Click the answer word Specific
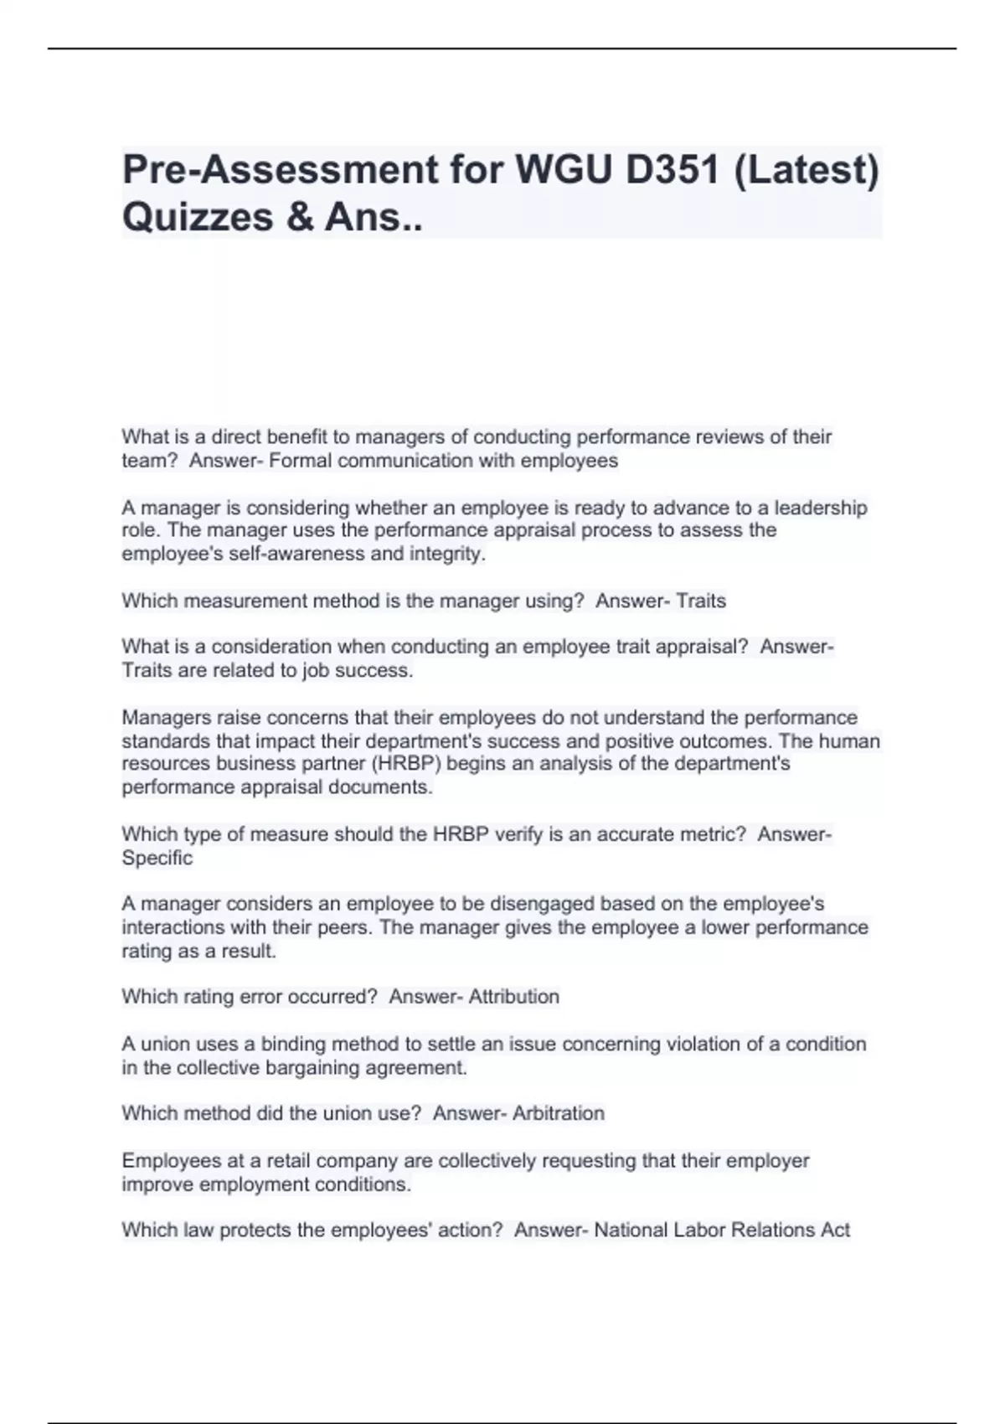[157, 858]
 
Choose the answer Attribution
[513, 997]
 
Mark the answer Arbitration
[558, 1113]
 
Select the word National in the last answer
[631, 1230]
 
